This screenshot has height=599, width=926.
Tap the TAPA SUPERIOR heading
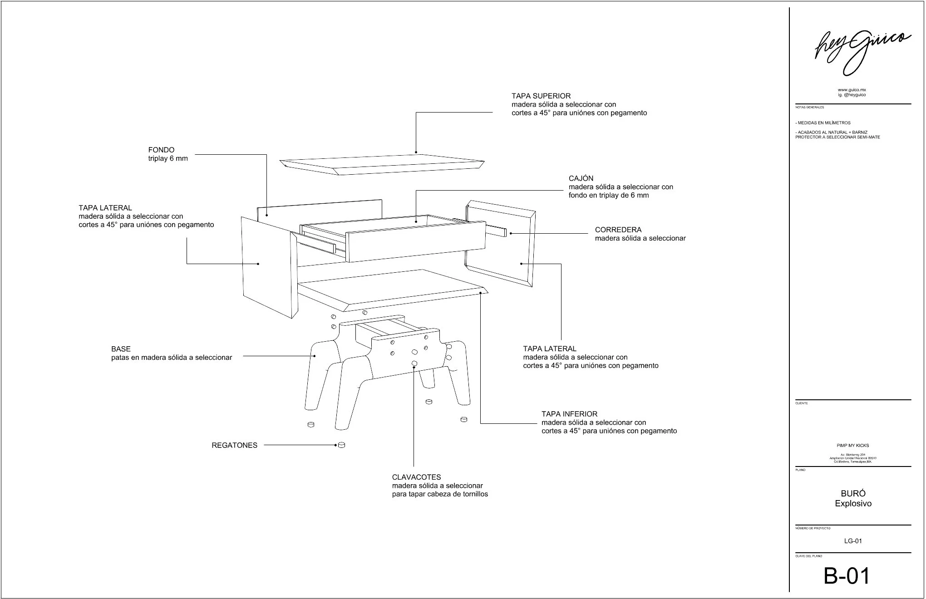coord(541,96)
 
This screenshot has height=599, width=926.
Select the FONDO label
coord(161,150)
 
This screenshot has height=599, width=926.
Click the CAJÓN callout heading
coord(581,178)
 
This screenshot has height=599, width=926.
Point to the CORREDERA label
coord(618,230)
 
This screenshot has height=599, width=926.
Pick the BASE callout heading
coord(121,349)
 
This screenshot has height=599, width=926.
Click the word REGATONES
coord(234,446)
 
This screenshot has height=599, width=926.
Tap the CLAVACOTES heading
coord(416,477)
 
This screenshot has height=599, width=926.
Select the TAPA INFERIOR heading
coord(569,414)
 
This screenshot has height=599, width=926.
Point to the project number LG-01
coord(853,541)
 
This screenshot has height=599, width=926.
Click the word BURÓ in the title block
coord(853,494)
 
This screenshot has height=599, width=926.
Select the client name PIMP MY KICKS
coord(853,446)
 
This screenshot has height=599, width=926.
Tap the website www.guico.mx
coord(852,90)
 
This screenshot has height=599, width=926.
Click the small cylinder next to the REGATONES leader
coord(342,446)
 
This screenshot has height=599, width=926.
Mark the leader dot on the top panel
coord(416,152)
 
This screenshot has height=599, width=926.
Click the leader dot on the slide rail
coord(511,234)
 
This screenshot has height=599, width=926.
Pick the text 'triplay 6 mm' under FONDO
coord(168,159)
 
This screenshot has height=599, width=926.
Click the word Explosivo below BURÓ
coord(853,504)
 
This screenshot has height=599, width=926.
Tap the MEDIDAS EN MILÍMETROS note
coord(823,123)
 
